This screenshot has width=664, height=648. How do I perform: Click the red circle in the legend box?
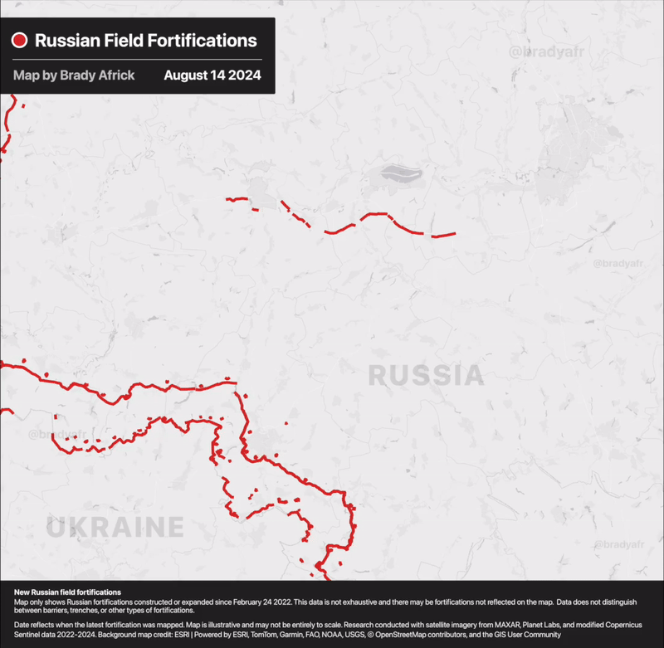(20, 41)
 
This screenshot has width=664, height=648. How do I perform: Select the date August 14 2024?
(212, 76)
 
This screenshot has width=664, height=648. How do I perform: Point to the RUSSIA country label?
(426, 375)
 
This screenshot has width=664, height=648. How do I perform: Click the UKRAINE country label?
(115, 527)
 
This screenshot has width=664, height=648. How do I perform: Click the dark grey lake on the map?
(400, 174)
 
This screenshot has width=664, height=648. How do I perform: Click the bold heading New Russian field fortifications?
(67, 592)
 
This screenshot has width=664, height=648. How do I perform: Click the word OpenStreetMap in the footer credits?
(412, 635)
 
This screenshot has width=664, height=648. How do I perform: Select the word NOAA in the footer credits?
(330, 635)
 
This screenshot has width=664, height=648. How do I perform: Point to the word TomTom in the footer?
(265, 635)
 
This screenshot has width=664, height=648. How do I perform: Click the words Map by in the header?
(35, 76)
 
